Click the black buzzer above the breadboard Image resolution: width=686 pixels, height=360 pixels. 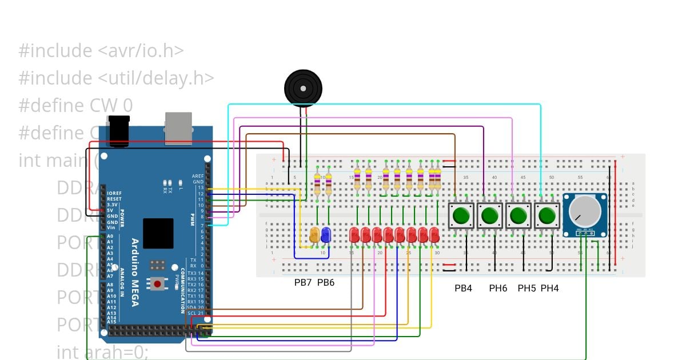click(x=303, y=88)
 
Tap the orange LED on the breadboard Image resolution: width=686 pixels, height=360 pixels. click(x=314, y=234)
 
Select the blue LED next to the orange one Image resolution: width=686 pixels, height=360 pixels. click(x=326, y=234)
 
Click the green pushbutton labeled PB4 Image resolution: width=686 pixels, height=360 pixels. click(x=461, y=216)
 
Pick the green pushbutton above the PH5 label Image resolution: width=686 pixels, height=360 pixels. click(x=518, y=216)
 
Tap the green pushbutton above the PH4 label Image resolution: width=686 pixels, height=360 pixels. click(x=547, y=216)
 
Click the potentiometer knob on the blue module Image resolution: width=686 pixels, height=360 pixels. click(x=585, y=211)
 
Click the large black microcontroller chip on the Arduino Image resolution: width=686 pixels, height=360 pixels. click(x=158, y=233)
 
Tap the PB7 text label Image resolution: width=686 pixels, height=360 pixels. click(x=302, y=283)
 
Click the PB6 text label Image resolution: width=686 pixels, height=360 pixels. click(x=325, y=283)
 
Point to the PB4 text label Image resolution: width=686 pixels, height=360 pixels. click(x=463, y=289)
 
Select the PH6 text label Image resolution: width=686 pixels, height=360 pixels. click(x=498, y=289)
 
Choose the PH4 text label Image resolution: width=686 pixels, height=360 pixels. click(x=549, y=289)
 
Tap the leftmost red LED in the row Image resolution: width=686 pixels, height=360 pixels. click(x=354, y=234)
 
